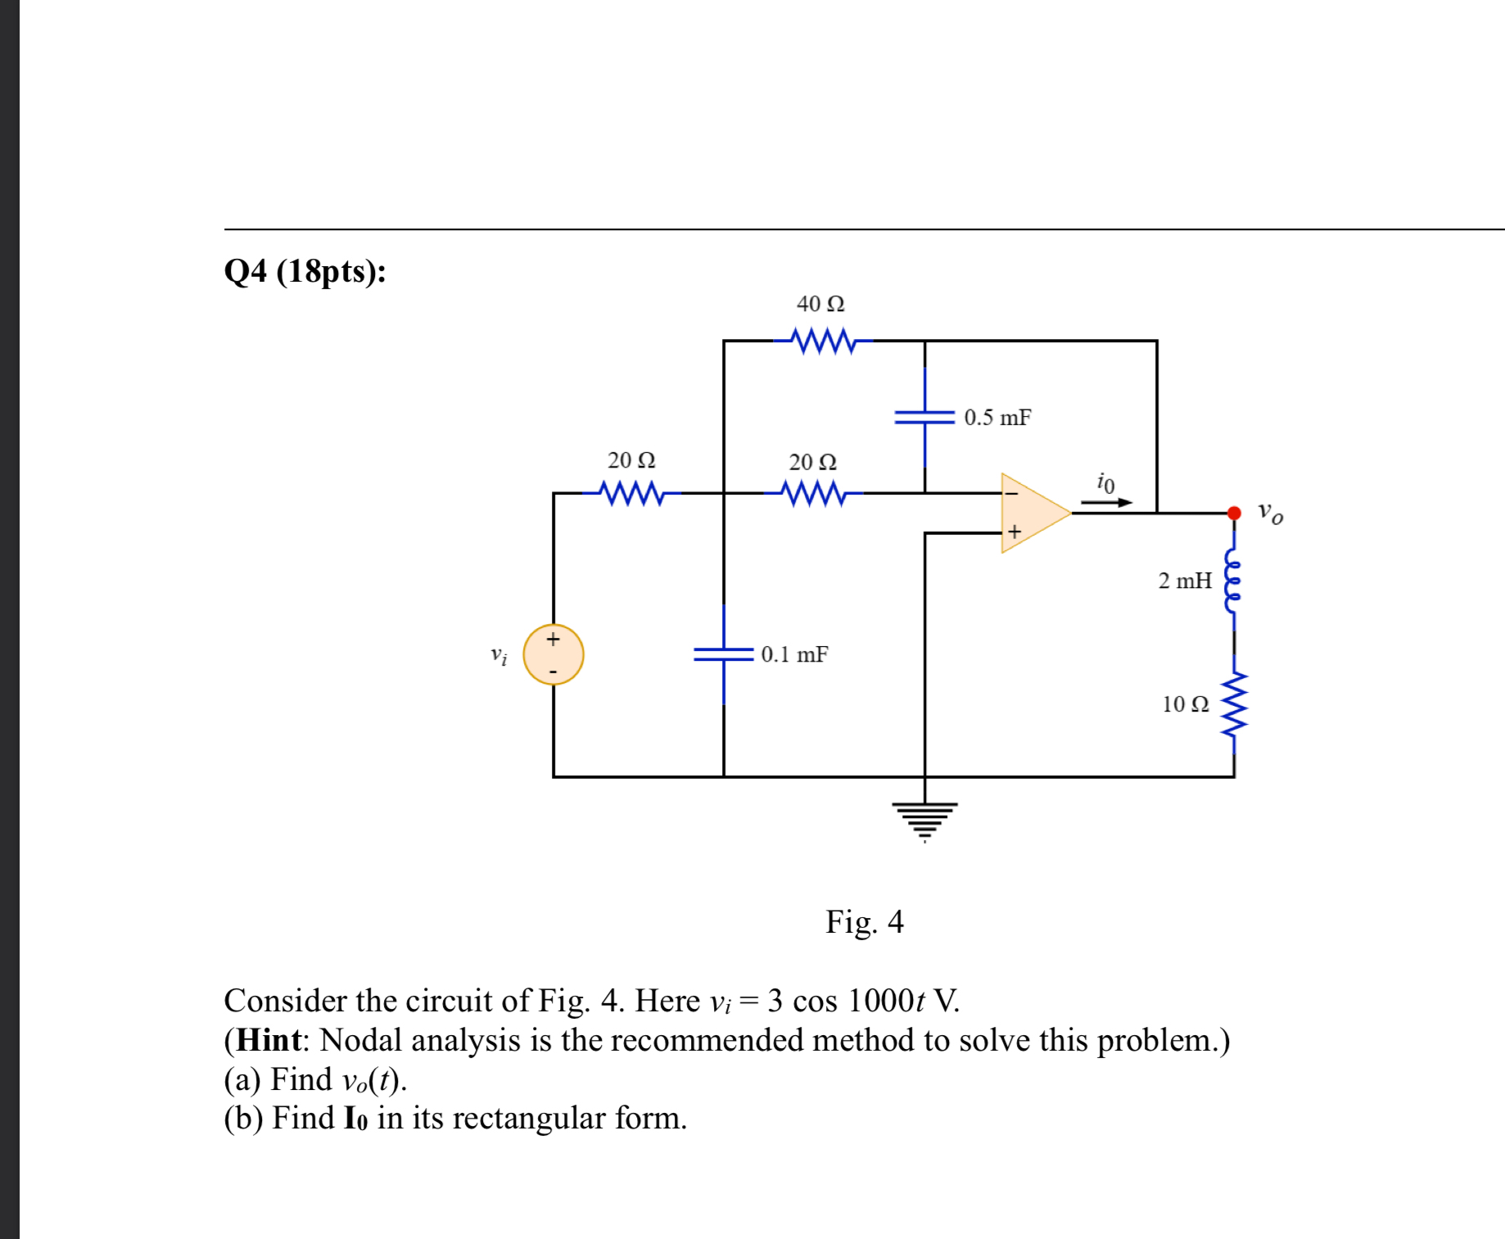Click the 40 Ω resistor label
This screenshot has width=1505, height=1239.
pyautogui.click(x=820, y=304)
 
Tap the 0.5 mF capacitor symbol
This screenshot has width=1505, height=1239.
pyautogui.click(x=924, y=418)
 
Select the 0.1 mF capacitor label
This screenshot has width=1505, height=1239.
pyautogui.click(x=794, y=654)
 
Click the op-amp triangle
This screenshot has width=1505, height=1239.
pyautogui.click(x=1032, y=513)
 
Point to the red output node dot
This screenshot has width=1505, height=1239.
pyautogui.click(x=1234, y=513)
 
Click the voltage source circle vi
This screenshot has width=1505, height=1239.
pyautogui.click(x=554, y=654)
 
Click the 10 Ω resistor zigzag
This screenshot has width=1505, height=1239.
pyautogui.click(x=1234, y=703)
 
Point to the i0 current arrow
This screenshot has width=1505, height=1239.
pyautogui.click(x=1106, y=502)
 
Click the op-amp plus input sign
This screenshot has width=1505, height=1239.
pyautogui.click(x=1015, y=531)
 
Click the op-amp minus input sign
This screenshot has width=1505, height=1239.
pyautogui.click(x=1012, y=493)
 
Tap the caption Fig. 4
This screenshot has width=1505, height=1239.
pyautogui.click(x=864, y=922)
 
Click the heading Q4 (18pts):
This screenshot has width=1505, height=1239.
pyautogui.click(x=305, y=271)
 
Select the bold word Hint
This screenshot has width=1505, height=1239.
pyautogui.click(x=269, y=1040)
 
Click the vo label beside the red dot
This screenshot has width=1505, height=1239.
pyautogui.click(x=1270, y=513)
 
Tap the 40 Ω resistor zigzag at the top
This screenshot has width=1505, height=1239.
pyautogui.click(x=823, y=340)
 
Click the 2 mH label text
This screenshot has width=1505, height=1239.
pyautogui.click(x=1184, y=581)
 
